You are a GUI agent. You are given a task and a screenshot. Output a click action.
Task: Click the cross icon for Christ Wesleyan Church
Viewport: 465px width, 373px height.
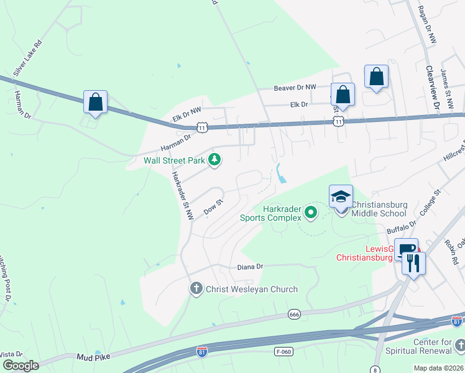pyautogui.click(x=196, y=288)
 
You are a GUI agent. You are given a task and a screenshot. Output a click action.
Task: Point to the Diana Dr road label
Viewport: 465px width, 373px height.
pyautogui.click(x=251, y=267)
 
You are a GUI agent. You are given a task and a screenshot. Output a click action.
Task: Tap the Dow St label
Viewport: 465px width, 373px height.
pyautogui.click(x=213, y=206)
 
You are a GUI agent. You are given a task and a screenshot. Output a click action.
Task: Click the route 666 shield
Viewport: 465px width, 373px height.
pyautogui.click(x=295, y=315)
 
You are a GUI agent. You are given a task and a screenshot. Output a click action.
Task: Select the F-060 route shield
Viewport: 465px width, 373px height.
pyautogui.click(x=283, y=352)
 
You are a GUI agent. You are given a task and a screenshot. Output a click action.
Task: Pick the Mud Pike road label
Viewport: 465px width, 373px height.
pyautogui.click(x=93, y=357)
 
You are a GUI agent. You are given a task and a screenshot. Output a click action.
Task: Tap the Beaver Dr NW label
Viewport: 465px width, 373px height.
pyautogui.click(x=295, y=88)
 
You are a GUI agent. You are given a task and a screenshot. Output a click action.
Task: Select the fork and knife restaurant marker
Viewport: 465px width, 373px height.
pyautogui.click(x=413, y=263)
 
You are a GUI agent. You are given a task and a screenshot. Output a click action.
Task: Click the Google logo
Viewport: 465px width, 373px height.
pyautogui.click(x=21, y=366)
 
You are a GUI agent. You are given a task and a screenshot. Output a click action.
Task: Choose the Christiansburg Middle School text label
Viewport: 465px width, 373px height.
pyautogui.click(x=379, y=208)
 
